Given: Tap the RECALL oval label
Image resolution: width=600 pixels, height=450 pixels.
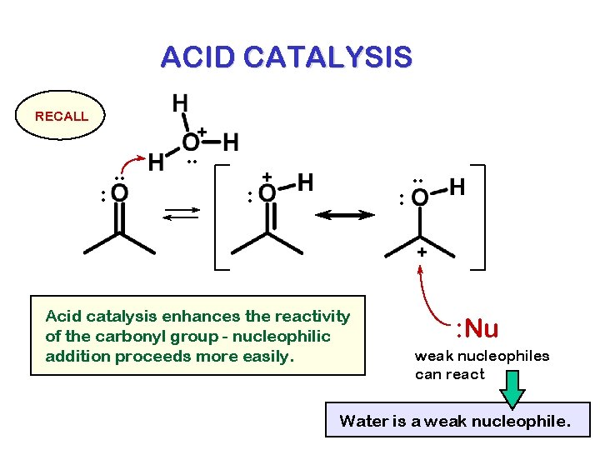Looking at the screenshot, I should pyautogui.click(x=62, y=117).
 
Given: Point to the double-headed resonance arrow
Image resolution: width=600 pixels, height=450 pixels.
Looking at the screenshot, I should pyautogui.click(x=344, y=215).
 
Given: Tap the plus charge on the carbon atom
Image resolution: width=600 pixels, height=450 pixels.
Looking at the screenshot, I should pyautogui.click(x=422, y=251).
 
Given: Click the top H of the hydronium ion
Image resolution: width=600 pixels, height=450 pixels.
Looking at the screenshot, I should pyautogui.click(x=180, y=104).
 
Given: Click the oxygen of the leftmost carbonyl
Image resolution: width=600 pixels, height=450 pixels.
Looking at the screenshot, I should pyautogui.click(x=120, y=194).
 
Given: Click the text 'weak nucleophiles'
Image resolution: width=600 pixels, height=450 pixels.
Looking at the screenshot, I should pyautogui.click(x=482, y=356).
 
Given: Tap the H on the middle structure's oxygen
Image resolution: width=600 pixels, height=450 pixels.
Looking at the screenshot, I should pyautogui.click(x=306, y=181).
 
